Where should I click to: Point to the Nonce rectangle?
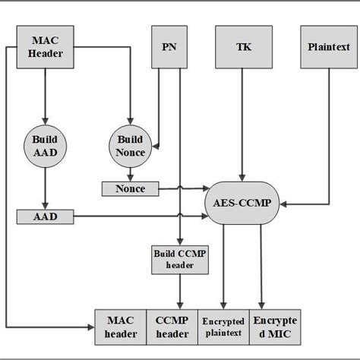tap(130, 188)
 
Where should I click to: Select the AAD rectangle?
tap(45, 217)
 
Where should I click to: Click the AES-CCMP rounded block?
tap(243, 204)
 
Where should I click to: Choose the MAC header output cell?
tap(120, 327)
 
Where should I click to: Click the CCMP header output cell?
tap(172, 327)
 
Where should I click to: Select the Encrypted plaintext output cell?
tap(223, 327)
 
